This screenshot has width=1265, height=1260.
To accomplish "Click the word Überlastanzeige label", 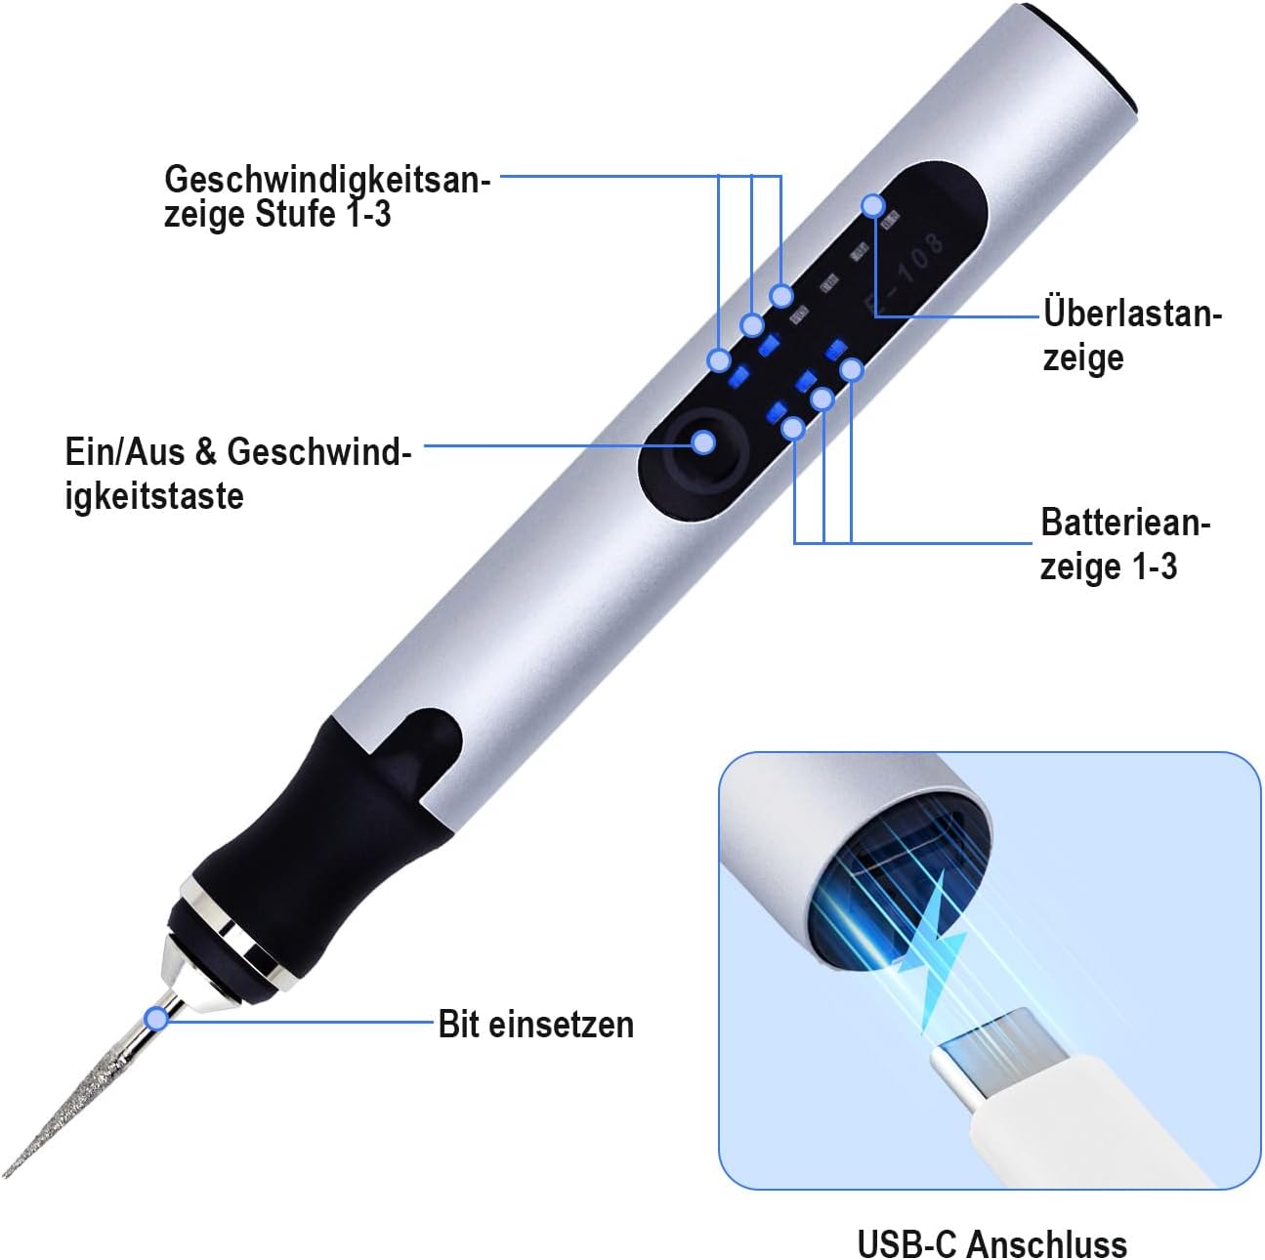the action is point(1132,336).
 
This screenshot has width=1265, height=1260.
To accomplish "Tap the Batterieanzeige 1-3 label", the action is point(1124,544).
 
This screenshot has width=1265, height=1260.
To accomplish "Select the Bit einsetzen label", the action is point(535,1025).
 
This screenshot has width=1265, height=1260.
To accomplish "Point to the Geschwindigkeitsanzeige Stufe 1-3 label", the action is point(327,196).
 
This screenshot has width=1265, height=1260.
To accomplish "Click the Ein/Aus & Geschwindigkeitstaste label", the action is point(237,474).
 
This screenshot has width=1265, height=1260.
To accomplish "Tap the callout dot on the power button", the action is point(703,442).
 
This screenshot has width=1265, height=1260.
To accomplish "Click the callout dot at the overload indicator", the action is point(873,206).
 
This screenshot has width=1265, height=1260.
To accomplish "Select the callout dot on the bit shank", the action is point(157,1019).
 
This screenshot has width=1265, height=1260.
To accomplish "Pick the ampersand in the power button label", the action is point(206,451).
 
